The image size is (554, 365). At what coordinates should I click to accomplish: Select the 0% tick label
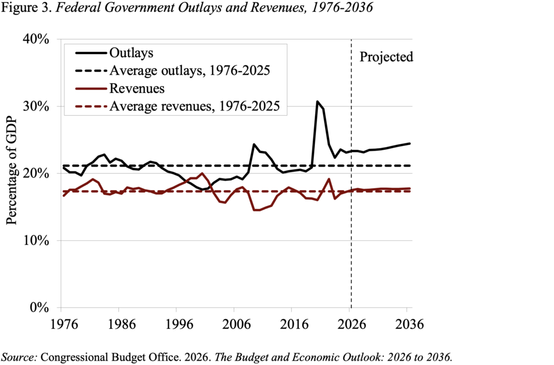(41, 308)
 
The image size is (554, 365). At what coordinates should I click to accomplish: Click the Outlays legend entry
(132, 53)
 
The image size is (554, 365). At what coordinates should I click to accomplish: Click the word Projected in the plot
(386, 57)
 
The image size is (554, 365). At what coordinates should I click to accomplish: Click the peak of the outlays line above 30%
(318, 102)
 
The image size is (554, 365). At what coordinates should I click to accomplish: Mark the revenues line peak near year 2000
(202, 174)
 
